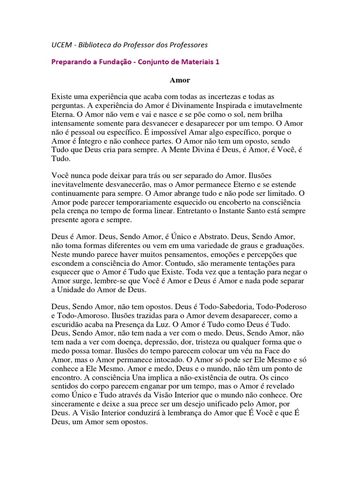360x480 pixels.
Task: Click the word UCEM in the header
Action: point(61,45)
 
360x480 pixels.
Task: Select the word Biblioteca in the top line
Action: point(98,45)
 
